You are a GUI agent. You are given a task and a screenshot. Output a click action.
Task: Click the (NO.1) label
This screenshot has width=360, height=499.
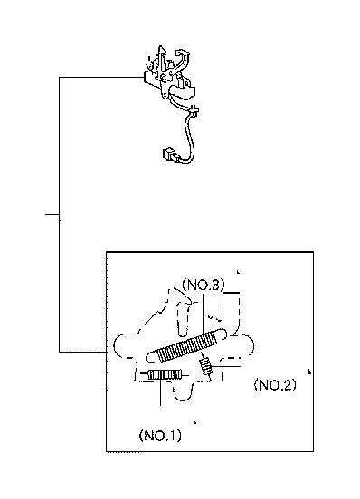tap(160, 435)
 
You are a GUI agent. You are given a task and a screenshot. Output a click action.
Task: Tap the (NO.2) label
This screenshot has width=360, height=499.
tap(275, 385)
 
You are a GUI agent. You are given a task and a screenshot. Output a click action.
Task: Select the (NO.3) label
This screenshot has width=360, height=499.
tap(204, 285)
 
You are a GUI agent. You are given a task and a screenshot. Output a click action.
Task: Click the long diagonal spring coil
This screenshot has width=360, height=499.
tap(187, 346)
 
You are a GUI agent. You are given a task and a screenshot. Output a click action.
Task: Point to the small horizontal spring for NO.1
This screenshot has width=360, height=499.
tap(166, 374)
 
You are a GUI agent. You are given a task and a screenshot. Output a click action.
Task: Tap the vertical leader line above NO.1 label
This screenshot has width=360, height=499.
tap(160, 392)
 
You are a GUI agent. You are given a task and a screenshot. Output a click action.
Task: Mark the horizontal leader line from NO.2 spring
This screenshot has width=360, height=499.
tap(226, 367)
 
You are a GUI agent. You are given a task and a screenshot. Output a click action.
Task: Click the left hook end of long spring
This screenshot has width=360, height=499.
tap(152, 357)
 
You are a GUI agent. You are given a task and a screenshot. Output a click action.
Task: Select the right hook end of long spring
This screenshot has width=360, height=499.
tap(223, 334)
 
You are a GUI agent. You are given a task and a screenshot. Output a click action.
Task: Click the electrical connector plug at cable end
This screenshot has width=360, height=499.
tap(168, 154)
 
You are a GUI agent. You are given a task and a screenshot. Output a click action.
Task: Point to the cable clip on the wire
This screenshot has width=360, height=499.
tap(194, 110)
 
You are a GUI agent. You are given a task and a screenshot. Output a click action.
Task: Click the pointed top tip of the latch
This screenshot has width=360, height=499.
tap(161, 46)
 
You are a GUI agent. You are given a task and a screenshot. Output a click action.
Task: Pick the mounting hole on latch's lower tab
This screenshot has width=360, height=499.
tap(165, 95)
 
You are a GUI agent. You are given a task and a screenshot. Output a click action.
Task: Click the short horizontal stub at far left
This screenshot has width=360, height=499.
tap(52, 214)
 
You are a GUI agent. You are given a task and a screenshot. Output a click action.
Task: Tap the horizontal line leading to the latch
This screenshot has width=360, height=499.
tap(101, 77)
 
